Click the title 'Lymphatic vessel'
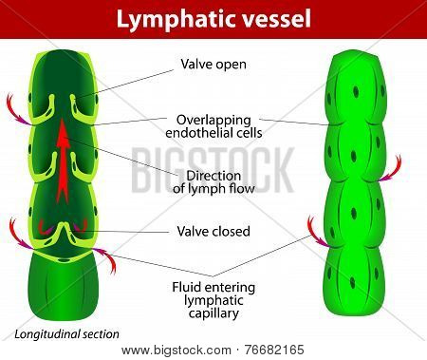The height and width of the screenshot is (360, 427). point(213,20)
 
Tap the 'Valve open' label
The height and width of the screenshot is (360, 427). point(213,65)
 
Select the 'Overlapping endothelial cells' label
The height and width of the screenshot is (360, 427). point(213,126)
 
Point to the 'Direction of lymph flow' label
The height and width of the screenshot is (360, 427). point(213,182)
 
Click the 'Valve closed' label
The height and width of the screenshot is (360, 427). point(213,231)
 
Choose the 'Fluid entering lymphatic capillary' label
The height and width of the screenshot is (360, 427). point(213,300)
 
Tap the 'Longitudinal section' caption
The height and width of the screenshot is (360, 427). point(66,334)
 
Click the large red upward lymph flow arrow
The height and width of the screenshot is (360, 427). point(63,161)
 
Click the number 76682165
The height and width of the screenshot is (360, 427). point(274,351)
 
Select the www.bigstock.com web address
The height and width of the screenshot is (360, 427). point(176,351)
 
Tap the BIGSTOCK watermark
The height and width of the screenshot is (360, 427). point(213,170)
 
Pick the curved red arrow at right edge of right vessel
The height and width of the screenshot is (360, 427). point(392,170)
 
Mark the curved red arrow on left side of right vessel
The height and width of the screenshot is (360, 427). point(316,234)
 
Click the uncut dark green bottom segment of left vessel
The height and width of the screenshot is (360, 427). point(63,287)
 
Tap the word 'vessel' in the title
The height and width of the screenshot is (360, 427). point(274,20)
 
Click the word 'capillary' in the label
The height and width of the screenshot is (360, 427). point(213,313)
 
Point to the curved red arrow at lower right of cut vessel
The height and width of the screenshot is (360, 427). point(107,258)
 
